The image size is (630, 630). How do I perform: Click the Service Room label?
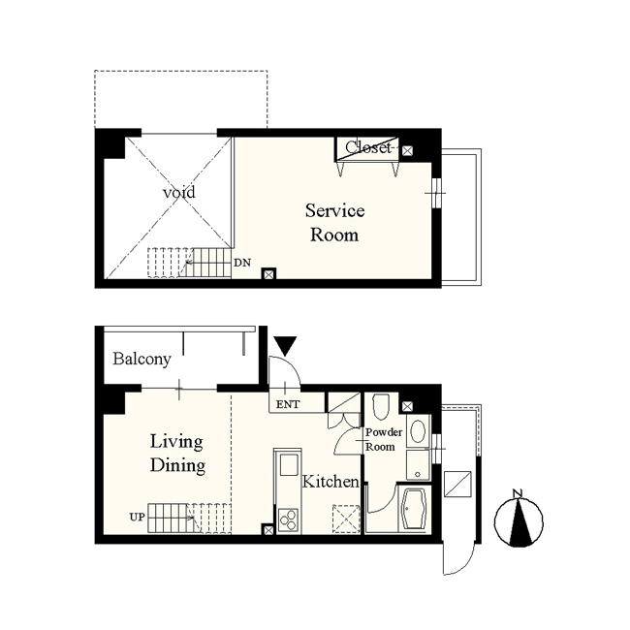(334, 222)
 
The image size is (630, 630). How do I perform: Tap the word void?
(179, 192)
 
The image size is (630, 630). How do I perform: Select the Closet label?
(368, 147)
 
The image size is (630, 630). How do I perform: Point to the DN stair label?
(242, 263)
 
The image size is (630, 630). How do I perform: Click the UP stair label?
(137, 517)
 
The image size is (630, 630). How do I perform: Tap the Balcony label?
(142, 359)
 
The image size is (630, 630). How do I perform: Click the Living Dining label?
(177, 454)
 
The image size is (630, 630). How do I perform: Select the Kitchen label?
(331, 481)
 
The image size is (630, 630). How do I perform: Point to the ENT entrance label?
(288, 404)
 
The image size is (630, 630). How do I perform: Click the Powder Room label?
(384, 440)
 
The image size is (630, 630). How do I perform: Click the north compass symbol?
(519, 520)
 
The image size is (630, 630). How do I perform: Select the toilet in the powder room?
(381, 407)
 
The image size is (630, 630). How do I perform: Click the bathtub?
(414, 509)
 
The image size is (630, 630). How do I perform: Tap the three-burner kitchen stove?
(288, 521)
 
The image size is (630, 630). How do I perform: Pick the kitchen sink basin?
(289, 465)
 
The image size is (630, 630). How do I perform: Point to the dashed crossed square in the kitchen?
(346, 519)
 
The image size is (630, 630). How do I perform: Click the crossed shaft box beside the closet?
(407, 150)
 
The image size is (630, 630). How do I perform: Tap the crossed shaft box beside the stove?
(268, 530)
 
